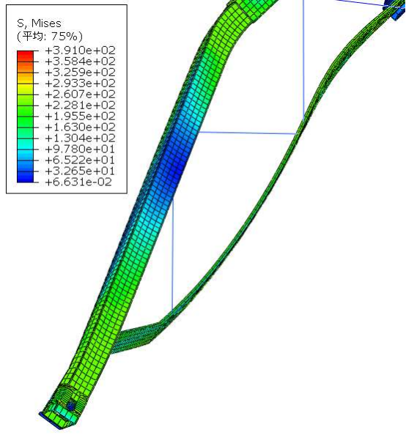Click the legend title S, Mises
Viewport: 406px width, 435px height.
(39, 23)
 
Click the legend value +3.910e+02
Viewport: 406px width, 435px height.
(80, 51)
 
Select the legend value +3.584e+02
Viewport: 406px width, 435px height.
(80, 62)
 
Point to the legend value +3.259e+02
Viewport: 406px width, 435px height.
(80, 72)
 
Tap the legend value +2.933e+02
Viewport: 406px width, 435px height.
(80, 83)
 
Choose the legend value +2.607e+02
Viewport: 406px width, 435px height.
(80, 94)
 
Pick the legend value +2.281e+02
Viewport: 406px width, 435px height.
(80, 105)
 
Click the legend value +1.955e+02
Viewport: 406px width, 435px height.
(80, 116)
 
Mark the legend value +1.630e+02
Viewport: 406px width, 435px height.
(80, 127)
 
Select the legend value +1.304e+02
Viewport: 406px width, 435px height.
(80, 138)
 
